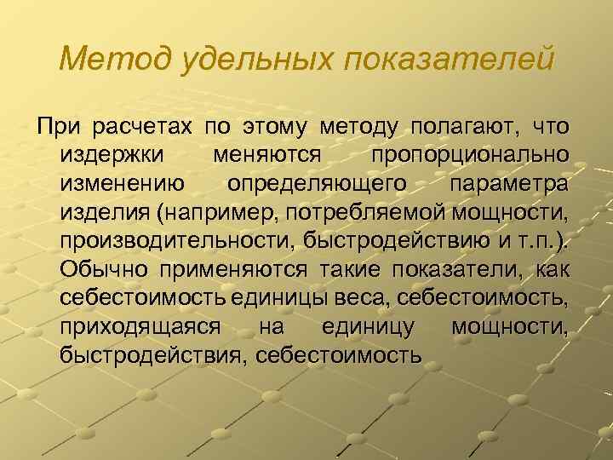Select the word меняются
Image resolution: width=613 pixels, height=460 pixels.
(267, 158)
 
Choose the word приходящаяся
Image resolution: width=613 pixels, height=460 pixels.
(141, 325)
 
